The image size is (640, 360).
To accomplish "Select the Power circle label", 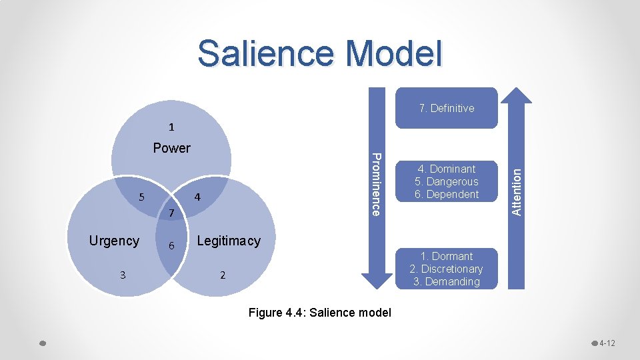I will [171, 148].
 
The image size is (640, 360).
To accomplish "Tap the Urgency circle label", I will [114, 241].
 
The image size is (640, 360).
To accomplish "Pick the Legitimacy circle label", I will [229, 241].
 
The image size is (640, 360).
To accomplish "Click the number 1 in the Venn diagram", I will [171, 127].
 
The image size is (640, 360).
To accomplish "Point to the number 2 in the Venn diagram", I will [223, 275].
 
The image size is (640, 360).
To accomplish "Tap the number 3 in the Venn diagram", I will [122, 275].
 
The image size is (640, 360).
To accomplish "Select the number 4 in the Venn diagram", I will [197, 197].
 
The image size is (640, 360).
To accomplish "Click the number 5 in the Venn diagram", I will [141, 197].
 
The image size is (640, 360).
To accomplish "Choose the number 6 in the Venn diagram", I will [171, 246].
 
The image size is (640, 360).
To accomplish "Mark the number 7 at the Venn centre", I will [171, 213].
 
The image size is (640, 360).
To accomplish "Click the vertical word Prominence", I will [376, 184].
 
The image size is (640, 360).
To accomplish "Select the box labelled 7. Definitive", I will [447, 108].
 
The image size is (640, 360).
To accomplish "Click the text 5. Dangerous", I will [447, 181].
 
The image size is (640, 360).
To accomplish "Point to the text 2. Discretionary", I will [446, 269].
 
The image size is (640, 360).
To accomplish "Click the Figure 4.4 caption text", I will [319, 313].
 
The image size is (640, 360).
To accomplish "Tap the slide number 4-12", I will [607, 343].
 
